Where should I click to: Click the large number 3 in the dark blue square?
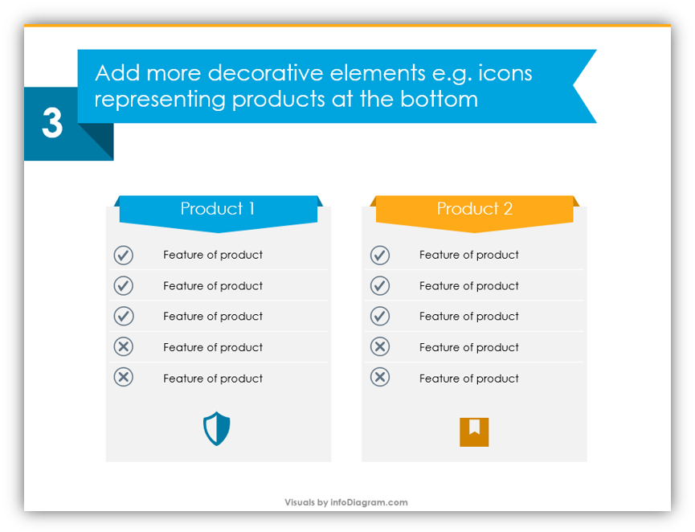point(52,123)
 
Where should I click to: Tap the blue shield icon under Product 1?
point(217,428)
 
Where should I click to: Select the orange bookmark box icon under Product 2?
point(474,432)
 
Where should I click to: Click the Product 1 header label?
point(218,208)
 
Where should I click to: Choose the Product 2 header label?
point(475,208)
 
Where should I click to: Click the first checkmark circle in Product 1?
point(123,255)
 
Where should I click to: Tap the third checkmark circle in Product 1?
point(123,316)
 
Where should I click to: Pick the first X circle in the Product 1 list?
point(123,346)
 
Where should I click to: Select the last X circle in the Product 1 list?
point(123,377)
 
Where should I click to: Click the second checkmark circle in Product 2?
point(380,285)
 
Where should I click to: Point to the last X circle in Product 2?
point(380,377)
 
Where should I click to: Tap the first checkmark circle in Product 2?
point(380,255)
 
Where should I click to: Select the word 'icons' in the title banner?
point(505,72)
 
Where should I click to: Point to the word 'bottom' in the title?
point(439,99)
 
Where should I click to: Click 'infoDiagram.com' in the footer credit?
point(369,502)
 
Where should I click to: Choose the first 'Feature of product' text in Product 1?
point(213,255)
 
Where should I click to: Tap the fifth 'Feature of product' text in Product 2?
point(469,379)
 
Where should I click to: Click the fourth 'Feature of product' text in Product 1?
point(213,348)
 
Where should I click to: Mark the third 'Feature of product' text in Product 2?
point(469,317)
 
